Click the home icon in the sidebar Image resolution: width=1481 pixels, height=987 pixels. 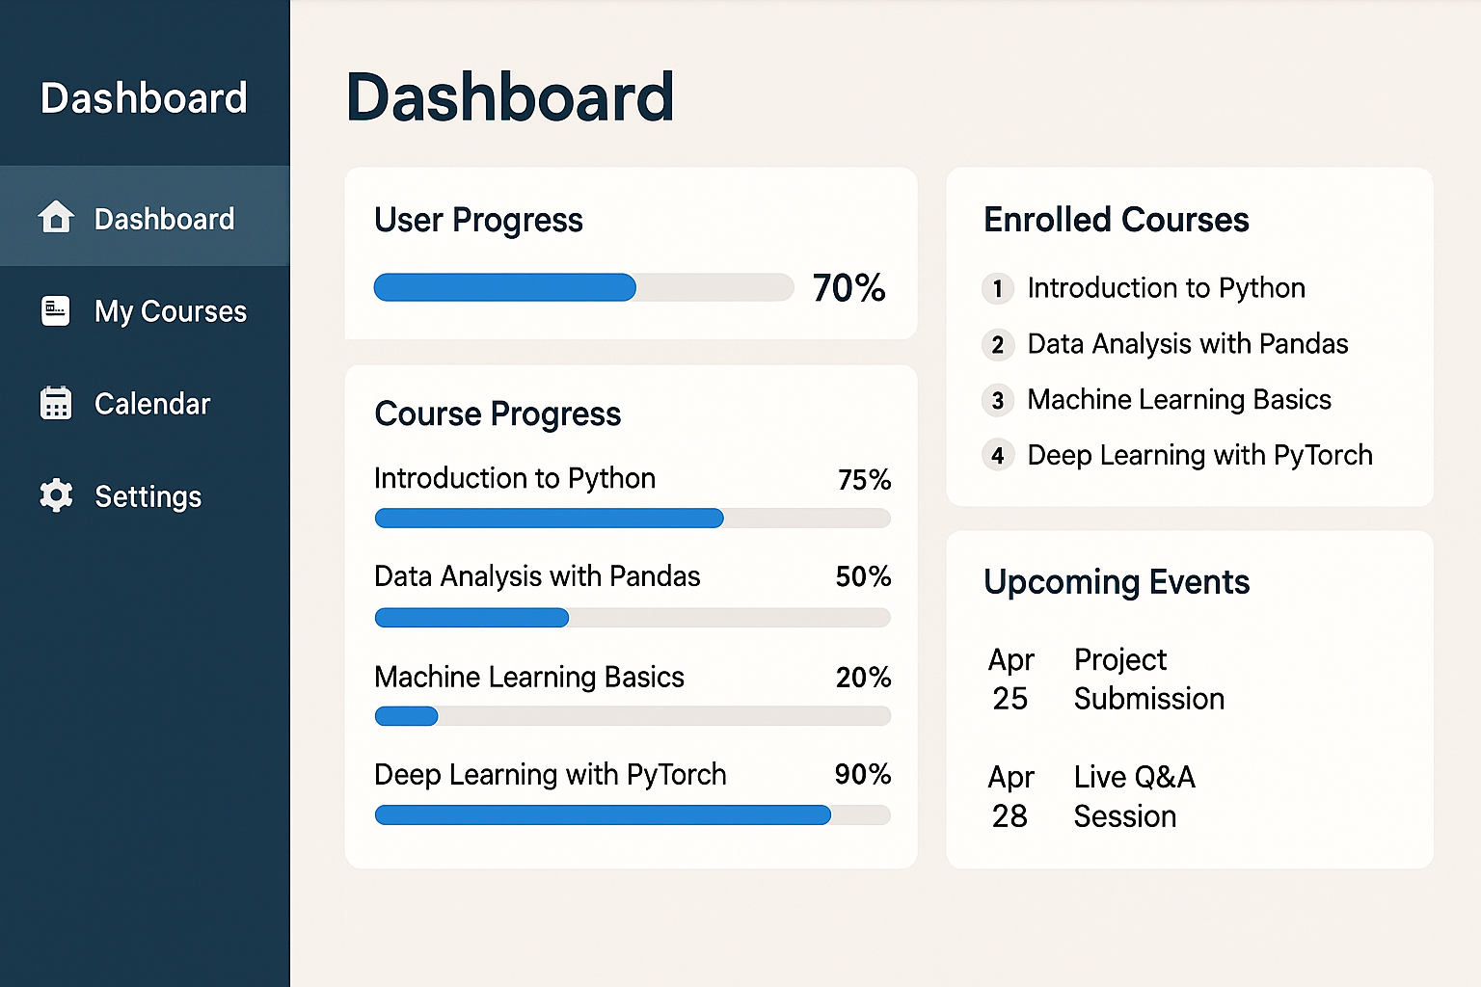click(x=56, y=216)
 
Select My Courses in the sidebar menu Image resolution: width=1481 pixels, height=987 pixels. click(x=170, y=311)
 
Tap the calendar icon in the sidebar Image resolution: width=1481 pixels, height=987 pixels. click(x=56, y=403)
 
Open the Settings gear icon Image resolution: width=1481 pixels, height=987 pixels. click(x=56, y=495)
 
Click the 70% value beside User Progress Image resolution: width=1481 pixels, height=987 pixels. click(x=848, y=287)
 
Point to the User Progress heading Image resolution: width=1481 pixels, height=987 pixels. click(x=478, y=220)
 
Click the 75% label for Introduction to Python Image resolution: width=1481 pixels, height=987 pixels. click(x=864, y=479)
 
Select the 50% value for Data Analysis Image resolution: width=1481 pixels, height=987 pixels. click(x=863, y=576)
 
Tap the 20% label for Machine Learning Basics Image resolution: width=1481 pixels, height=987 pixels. click(x=863, y=677)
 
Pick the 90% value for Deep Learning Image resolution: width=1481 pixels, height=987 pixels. click(x=863, y=774)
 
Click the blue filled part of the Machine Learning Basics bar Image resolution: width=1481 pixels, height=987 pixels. click(x=406, y=716)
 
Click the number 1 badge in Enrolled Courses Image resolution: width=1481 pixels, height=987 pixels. click(x=998, y=288)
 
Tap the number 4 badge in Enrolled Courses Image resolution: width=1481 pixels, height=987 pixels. click(x=998, y=456)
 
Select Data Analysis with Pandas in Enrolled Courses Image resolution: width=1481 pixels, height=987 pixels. click(x=1188, y=344)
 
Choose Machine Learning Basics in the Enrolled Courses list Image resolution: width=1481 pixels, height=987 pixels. click(x=1179, y=400)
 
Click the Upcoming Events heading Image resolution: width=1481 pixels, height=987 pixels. click(x=1116, y=582)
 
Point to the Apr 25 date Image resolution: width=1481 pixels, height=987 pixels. click(x=1010, y=679)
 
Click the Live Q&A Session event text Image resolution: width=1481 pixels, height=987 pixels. click(x=1134, y=796)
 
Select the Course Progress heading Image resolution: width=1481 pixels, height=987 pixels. click(x=498, y=414)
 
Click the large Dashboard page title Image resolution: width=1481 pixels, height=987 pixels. click(x=510, y=97)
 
